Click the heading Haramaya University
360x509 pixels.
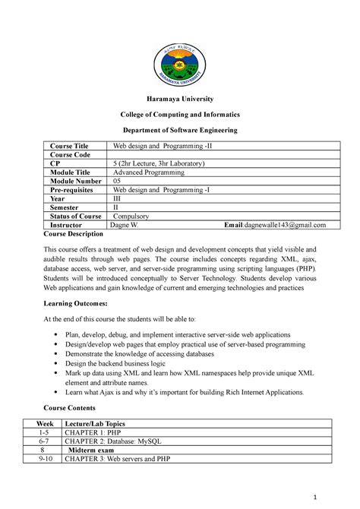[180, 99]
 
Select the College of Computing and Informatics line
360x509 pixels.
[180, 115]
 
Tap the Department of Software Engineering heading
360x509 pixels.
[180, 131]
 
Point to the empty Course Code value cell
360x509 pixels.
[220, 155]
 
